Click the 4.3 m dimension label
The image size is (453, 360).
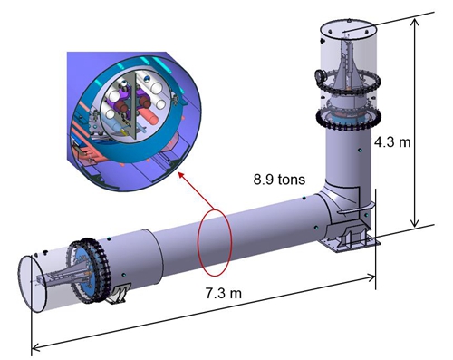392,141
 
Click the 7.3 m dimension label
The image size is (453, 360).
224,293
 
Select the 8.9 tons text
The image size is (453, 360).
279,180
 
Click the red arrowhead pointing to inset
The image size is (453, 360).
181,176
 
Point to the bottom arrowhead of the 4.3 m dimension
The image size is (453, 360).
416,224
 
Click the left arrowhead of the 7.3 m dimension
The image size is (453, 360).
35,347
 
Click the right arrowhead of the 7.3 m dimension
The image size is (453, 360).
371,277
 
